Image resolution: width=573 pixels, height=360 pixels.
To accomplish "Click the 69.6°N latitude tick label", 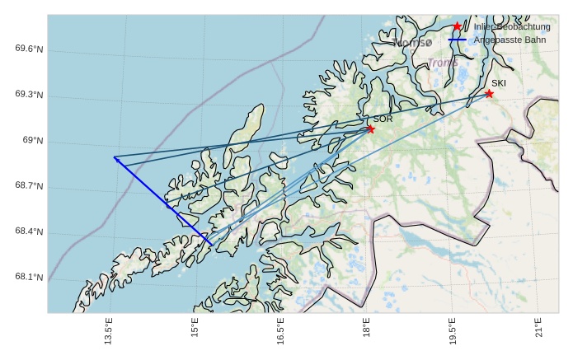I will (29, 49).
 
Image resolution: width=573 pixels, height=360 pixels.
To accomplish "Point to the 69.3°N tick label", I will (29, 95).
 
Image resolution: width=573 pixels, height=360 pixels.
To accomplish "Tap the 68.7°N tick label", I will (29, 186).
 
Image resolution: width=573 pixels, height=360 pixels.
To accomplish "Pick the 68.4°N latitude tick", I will (29, 231).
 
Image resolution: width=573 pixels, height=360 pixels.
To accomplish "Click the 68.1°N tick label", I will (29, 278).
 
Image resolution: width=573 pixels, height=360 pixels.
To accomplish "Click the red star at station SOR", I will (370, 129).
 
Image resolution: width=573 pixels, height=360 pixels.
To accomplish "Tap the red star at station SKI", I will (489, 94).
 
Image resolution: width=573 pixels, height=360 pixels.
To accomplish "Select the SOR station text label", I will (383, 119).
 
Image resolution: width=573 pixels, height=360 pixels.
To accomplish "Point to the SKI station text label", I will (499, 83).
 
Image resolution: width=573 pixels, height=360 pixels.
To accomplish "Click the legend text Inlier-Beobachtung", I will (512, 27).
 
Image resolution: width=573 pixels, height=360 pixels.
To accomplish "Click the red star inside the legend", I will (458, 26).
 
